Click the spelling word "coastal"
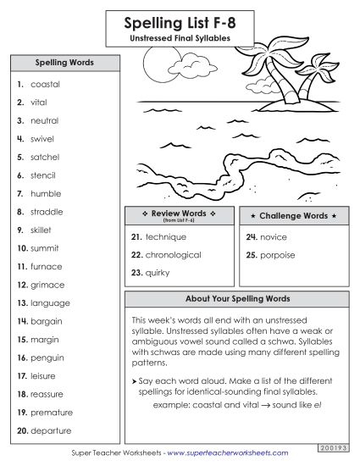tap(45, 85)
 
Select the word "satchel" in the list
tap(46, 158)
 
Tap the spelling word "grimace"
tap(47, 285)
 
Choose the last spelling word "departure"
tap(51, 430)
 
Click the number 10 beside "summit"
tap(22, 248)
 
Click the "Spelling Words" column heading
tap(64, 64)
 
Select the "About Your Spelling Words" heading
tap(236, 299)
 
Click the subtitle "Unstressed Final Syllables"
tap(180, 37)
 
